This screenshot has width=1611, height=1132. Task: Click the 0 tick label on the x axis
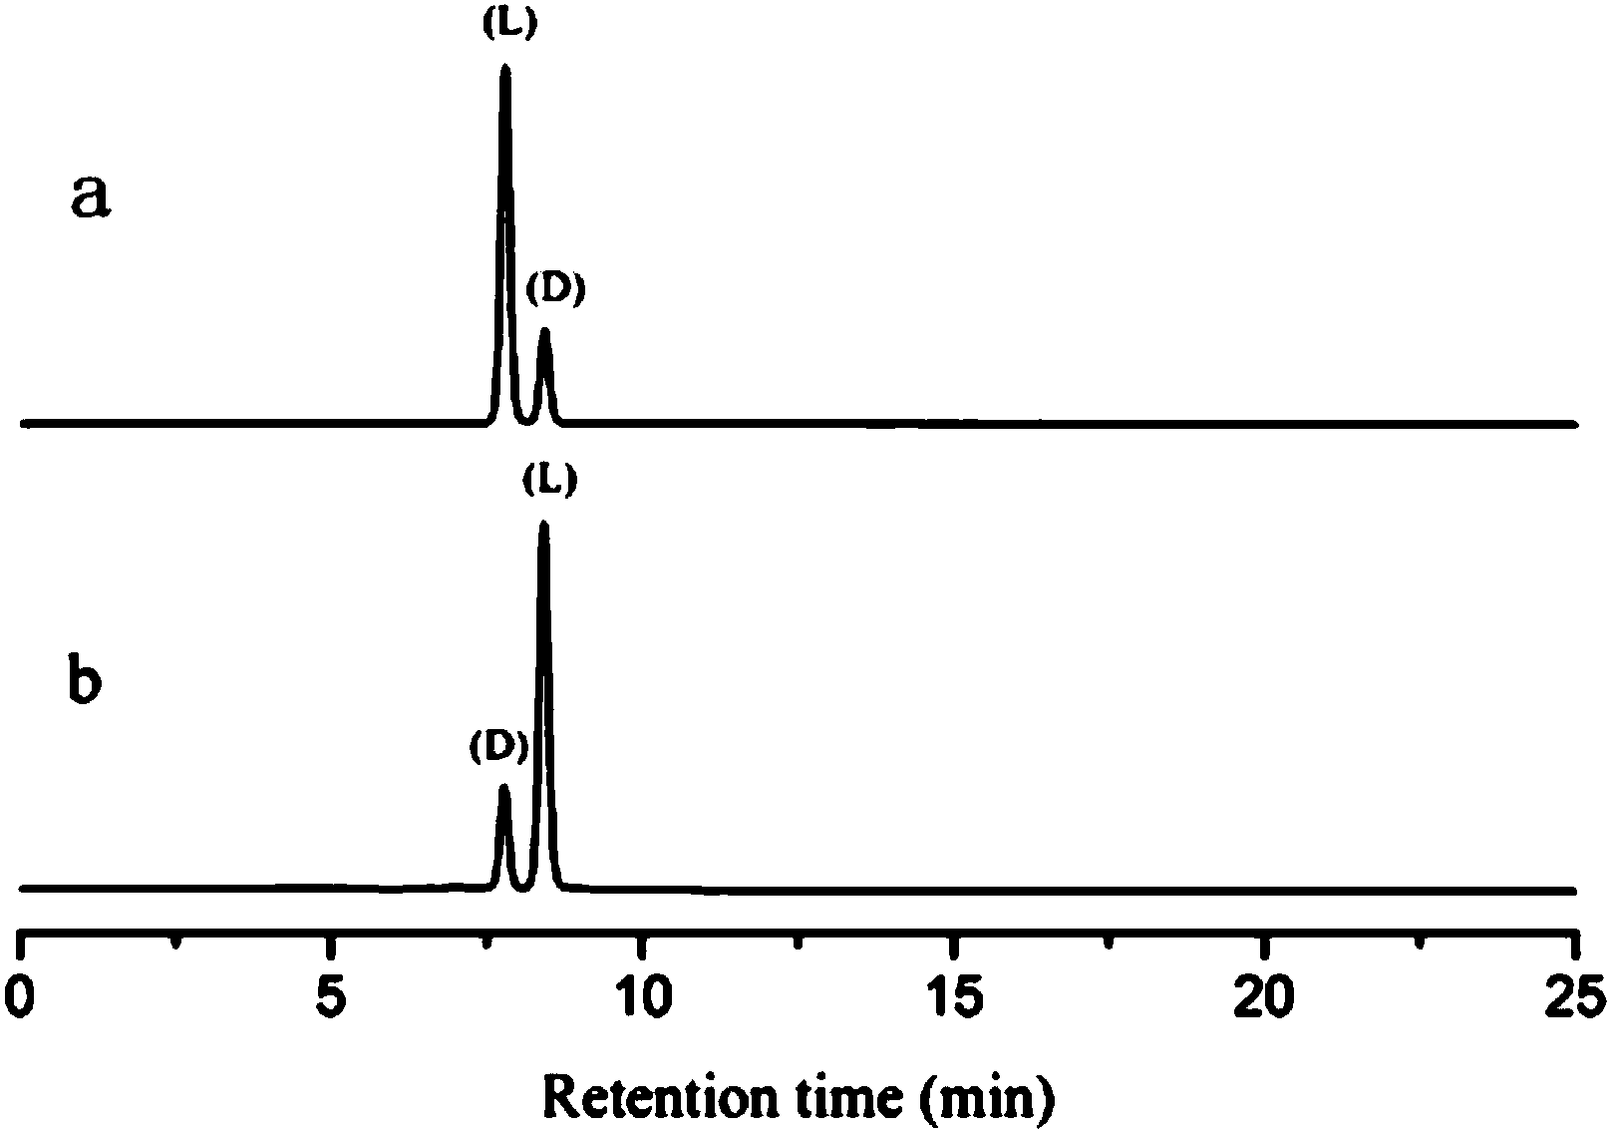tap(22, 998)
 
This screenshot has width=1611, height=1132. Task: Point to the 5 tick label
tap(332, 998)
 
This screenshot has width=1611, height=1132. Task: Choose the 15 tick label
tap(954, 998)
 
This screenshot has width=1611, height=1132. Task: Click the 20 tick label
tap(1264, 998)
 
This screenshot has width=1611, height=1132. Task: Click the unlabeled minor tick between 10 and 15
tap(800, 941)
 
